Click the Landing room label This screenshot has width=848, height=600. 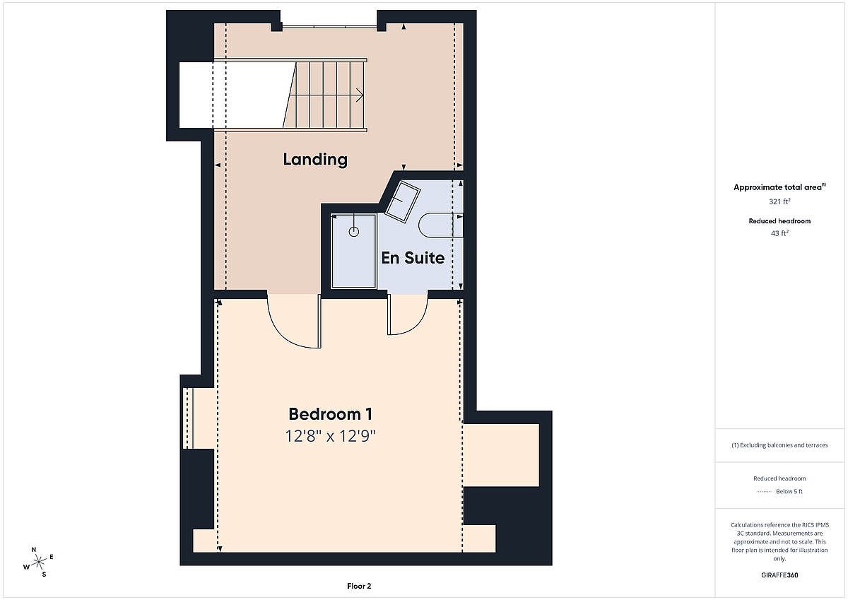(x=315, y=160)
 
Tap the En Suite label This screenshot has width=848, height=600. (x=413, y=258)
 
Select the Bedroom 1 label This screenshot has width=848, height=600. (x=331, y=414)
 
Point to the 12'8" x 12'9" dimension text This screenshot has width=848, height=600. (x=330, y=436)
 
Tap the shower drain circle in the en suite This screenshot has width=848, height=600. (x=354, y=232)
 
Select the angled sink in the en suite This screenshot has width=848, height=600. (x=402, y=201)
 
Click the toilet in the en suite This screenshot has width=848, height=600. (x=441, y=225)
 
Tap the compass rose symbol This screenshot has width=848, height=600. (x=38, y=562)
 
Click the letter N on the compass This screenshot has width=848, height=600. (x=34, y=550)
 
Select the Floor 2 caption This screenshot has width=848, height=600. (x=359, y=586)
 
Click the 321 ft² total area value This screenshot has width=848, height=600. (x=779, y=201)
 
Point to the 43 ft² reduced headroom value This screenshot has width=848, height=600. (x=779, y=233)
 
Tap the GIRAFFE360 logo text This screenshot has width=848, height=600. (x=779, y=575)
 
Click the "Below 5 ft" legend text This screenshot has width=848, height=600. (x=789, y=491)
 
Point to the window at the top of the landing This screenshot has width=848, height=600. (x=329, y=27)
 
